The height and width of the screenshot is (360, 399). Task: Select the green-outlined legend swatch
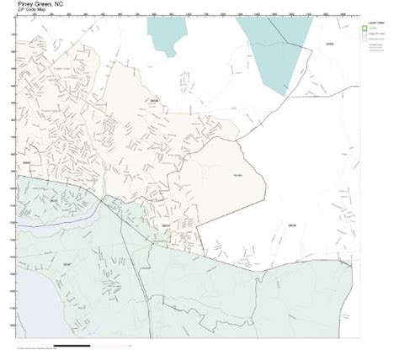click(364, 28)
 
